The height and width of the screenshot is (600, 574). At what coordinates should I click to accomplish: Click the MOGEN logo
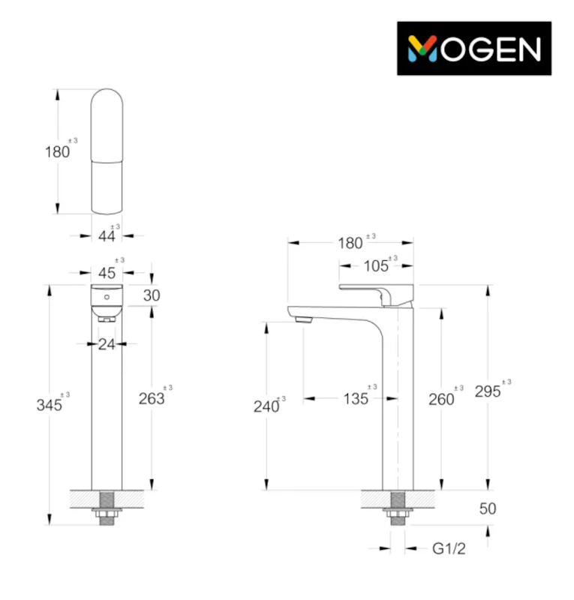click(474, 48)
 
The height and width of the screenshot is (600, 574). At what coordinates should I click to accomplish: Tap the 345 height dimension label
click(49, 405)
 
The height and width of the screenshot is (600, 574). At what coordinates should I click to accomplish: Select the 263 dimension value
click(152, 399)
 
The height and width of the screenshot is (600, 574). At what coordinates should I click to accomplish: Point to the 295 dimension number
click(488, 391)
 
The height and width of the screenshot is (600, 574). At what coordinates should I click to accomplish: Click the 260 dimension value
click(441, 400)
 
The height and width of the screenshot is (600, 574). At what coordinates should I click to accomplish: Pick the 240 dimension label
click(266, 406)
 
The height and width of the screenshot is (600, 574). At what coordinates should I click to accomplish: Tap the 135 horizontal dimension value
click(356, 399)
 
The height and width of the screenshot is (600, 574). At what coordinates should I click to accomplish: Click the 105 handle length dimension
click(376, 266)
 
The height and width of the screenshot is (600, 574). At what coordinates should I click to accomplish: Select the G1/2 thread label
click(449, 549)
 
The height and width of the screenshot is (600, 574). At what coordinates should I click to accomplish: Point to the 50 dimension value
click(488, 508)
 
